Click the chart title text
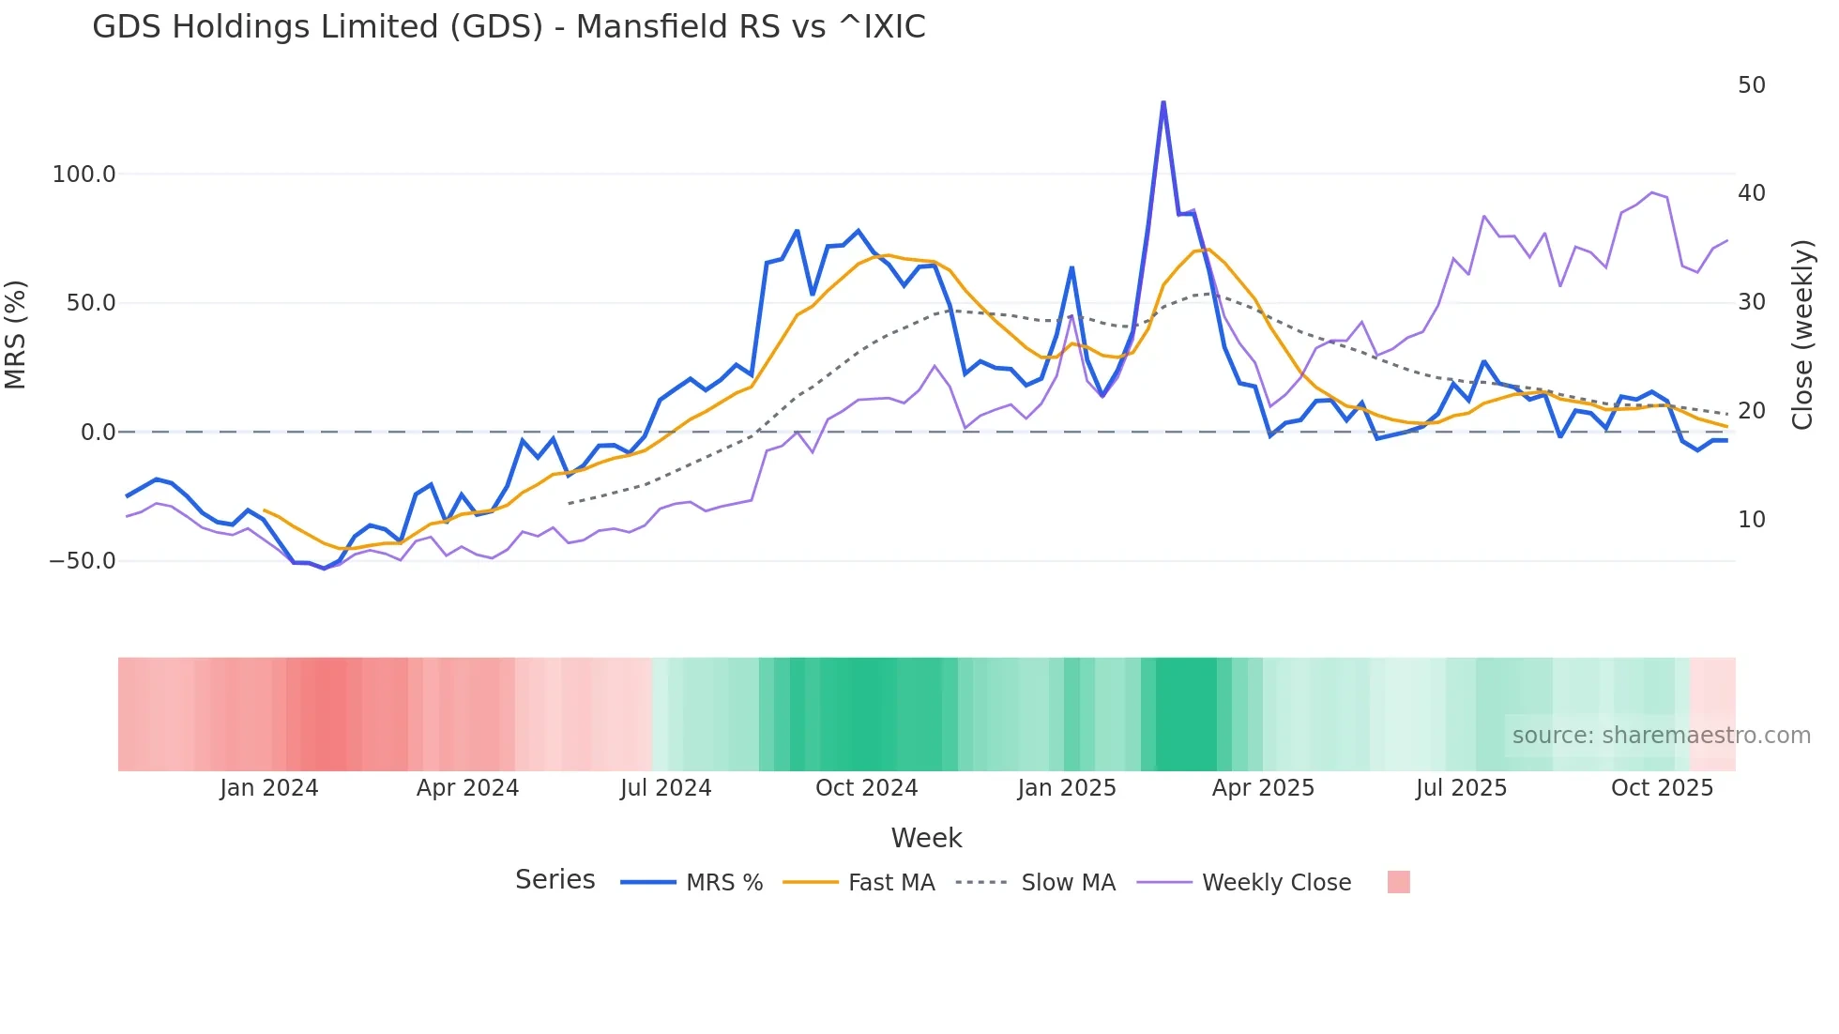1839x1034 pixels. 509,27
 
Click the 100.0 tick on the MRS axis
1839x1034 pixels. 84,175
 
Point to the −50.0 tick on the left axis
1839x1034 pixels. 83,561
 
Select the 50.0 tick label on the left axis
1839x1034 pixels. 91,303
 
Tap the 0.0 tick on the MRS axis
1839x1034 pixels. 99,433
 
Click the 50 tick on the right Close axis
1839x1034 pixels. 1752,85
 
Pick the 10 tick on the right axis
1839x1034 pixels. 1752,520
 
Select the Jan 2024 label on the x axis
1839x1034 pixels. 269,788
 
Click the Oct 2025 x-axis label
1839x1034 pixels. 1662,788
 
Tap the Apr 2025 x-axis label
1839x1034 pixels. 1263,788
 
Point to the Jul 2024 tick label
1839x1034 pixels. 666,788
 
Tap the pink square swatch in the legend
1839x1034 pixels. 1398,882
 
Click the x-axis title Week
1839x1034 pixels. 926,838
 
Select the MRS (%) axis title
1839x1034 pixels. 16,335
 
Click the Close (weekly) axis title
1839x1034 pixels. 1802,335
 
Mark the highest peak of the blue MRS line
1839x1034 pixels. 1163,102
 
